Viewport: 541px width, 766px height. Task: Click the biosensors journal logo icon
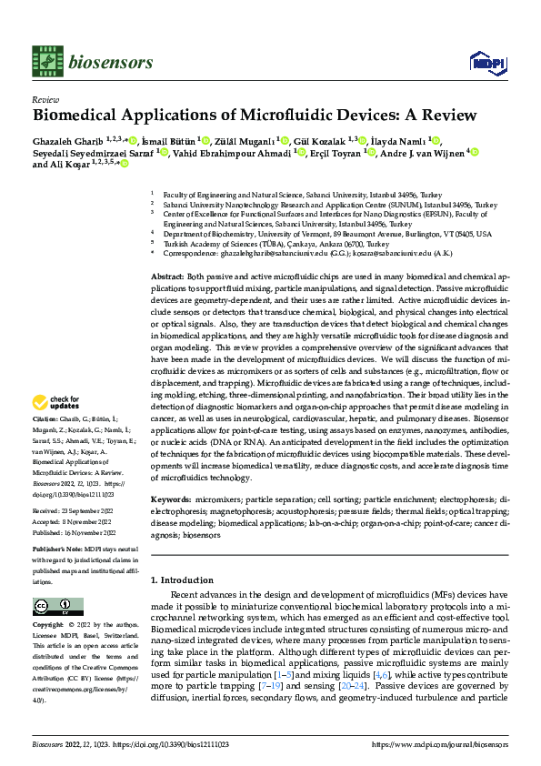46,62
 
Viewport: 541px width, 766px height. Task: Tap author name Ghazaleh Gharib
67,140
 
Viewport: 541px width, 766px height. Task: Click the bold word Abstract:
166,276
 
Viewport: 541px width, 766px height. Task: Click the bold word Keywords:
170,500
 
